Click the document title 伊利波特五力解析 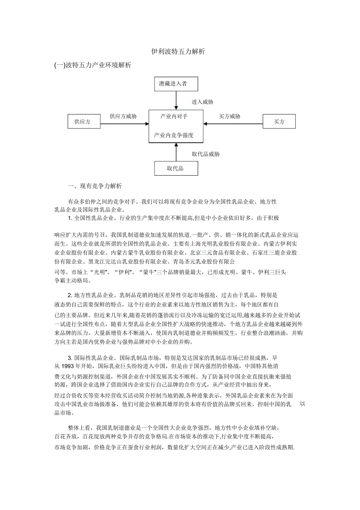[x=178, y=51]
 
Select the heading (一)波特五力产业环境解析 [x=93, y=65]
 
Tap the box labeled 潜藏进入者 [x=176, y=83]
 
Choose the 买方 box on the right [x=279, y=122]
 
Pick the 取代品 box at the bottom [x=176, y=168]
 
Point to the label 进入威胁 [x=202, y=102]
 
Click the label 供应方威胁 [x=123, y=116]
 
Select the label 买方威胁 [x=230, y=116]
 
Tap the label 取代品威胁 [x=205, y=154]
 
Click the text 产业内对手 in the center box [x=174, y=116]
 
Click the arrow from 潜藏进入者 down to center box [x=176, y=100]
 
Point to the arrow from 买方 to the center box [x=233, y=124]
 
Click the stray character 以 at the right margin [x=302, y=404]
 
